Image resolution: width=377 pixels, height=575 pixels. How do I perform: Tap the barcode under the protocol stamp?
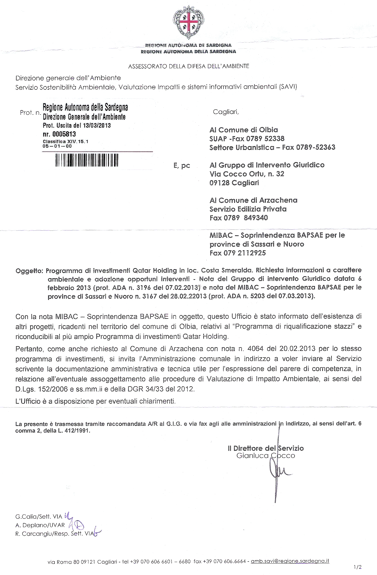[x=87, y=160]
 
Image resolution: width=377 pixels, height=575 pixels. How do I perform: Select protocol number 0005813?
[x=64, y=134]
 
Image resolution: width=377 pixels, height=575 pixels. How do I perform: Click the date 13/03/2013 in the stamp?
[x=97, y=126]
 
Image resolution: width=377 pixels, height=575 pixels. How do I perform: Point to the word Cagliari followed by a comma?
[x=225, y=112]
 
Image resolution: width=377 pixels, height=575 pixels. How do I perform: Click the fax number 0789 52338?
[x=265, y=139]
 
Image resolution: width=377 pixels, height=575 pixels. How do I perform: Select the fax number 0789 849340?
[x=246, y=218]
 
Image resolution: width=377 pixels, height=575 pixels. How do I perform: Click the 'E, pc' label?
[x=182, y=166]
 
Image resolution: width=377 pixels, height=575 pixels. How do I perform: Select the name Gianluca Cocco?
[x=266, y=456]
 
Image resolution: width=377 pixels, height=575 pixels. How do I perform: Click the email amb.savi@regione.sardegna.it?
[x=290, y=561]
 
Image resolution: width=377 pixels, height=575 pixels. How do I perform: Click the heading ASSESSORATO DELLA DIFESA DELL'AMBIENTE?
[x=188, y=66]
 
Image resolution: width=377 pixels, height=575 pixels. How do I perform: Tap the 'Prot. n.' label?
[x=30, y=113]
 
